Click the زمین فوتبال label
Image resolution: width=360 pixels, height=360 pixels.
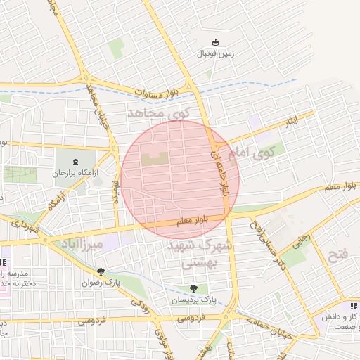point(214,53)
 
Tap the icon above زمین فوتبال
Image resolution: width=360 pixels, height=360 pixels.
point(215,42)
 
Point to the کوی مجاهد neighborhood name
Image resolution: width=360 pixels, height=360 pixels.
point(155,112)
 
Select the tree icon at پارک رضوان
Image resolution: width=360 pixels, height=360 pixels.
point(101,271)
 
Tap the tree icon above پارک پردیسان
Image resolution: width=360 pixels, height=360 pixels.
point(193,288)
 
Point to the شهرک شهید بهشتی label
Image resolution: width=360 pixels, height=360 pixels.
point(191,255)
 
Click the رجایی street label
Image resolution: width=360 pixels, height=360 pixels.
point(301,240)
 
